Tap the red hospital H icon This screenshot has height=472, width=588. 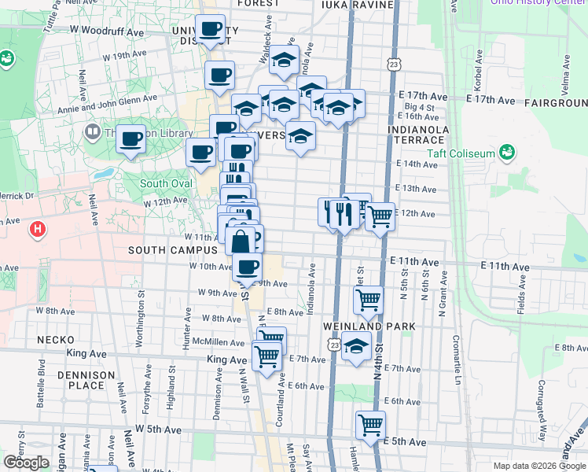click(36, 230)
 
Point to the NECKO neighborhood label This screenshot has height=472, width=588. click(55, 340)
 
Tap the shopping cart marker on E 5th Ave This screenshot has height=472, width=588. click(370, 426)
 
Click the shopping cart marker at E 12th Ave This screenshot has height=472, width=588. click(380, 216)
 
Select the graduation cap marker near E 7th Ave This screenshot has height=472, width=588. click(356, 345)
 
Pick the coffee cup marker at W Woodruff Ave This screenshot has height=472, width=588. click(210, 30)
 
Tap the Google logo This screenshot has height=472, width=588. click(25, 463)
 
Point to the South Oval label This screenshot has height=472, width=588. click(165, 184)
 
